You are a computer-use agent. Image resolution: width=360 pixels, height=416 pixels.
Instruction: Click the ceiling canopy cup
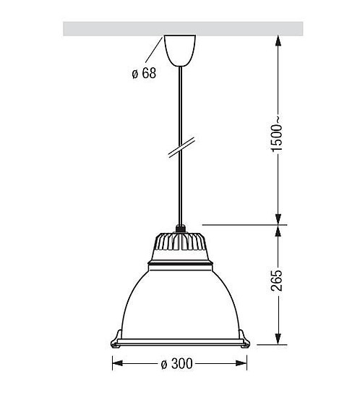pos(179,48)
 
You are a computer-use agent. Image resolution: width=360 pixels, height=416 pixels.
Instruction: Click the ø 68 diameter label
pos(144,74)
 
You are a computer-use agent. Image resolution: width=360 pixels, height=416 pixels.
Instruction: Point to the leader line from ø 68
pos(155,52)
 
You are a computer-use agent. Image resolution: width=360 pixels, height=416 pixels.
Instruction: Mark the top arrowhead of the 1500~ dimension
pos(278,42)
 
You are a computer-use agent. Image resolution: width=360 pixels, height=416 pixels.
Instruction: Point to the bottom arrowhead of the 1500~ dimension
pos(278,218)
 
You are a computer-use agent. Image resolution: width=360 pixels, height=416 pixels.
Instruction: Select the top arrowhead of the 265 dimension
pos(278,231)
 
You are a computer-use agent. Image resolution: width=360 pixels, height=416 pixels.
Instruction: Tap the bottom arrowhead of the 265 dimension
pos(278,339)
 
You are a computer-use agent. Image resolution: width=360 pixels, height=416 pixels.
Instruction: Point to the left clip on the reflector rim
pos(115,338)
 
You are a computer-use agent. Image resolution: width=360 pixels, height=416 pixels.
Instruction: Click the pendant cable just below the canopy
pos(179,87)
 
